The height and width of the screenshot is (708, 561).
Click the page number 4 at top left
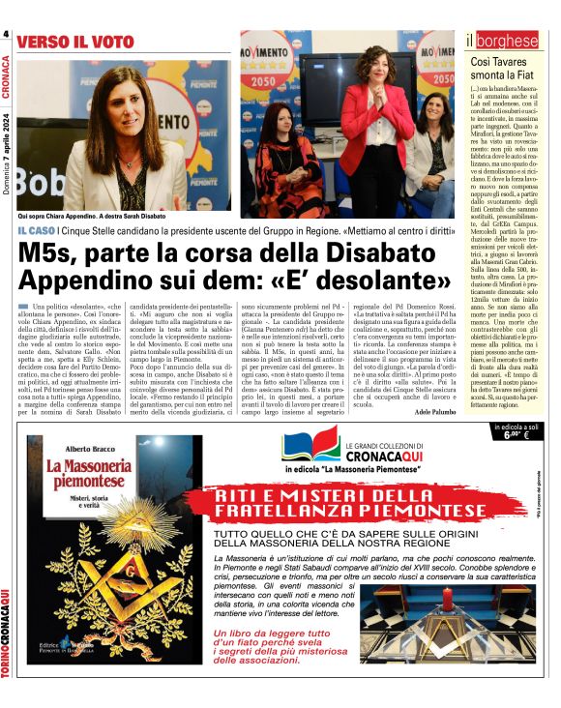(6, 38)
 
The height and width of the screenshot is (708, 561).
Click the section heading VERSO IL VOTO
(74, 43)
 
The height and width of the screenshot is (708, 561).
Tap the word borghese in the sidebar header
(511, 41)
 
